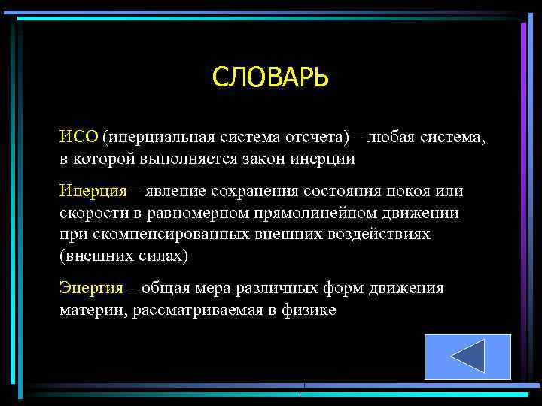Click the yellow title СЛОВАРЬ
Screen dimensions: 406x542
270,77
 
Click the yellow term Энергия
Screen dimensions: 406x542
89,288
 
